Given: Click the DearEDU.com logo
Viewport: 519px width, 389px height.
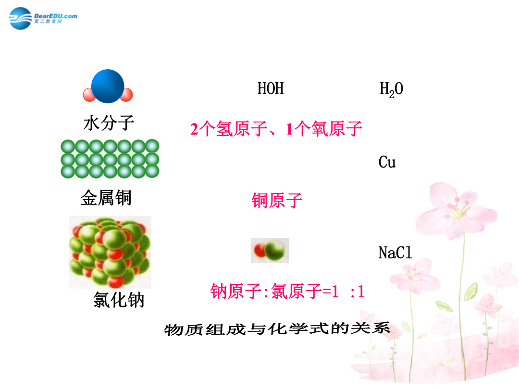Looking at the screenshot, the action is tap(43, 18).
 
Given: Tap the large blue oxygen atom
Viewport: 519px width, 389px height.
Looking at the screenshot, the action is tap(108, 86).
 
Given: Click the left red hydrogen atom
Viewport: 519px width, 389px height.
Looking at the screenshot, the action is tap(89, 95).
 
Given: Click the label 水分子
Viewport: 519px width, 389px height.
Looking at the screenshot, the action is tap(109, 123).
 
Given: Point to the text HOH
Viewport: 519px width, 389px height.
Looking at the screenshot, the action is tap(271, 89).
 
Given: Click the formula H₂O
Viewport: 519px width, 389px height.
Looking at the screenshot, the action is tap(391, 89).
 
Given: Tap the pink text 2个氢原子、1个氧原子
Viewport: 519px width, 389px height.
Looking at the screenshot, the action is tap(276, 129).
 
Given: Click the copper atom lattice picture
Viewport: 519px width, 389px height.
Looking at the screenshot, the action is tap(110, 159).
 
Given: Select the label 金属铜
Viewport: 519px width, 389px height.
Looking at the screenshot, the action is tap(106, 198).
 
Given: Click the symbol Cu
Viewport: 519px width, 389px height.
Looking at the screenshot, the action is tap(387, 162).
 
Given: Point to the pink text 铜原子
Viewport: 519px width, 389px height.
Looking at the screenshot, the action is tap(277, 200).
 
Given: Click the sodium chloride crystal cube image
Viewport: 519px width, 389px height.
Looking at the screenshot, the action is tap(110, 253).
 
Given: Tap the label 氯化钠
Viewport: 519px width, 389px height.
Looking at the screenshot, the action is tap(119, 300).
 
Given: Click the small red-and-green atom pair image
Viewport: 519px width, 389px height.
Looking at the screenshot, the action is tap(270, 250).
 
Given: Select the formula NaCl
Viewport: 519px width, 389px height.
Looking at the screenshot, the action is tap(395, 253).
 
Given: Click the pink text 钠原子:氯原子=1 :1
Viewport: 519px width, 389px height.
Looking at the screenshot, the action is tap(287, 292).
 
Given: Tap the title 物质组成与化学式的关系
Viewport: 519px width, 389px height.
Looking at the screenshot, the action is tap(277, 329).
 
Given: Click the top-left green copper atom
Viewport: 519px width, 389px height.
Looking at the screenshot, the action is tap(68, 146).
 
